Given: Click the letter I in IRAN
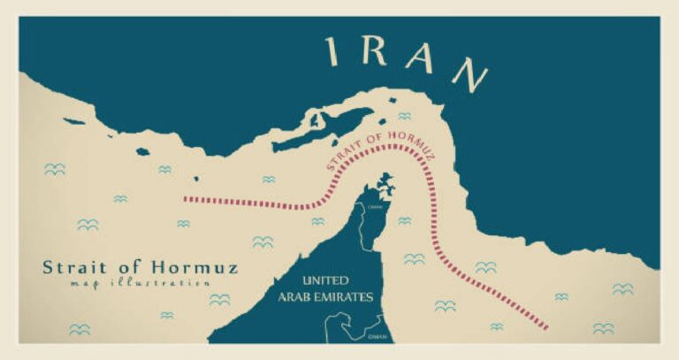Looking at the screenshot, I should click(334, 52).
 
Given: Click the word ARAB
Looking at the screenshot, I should click(293, 297).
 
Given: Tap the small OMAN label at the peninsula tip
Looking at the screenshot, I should click(374, 207).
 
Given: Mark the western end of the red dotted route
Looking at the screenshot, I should click(186, 198).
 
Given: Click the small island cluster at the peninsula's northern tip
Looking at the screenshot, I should click(385, 185).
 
